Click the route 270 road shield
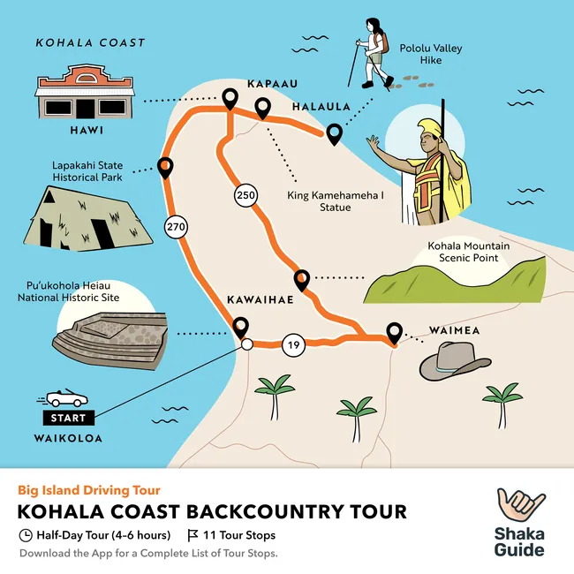tap(176, 228)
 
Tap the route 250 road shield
tap(245, 195)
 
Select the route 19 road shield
tap(293, 344)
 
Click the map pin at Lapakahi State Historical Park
tap(164, 166)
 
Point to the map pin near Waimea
tap(394, 334)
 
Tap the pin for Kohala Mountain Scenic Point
tap(301, 280)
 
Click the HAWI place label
tap(86, 131)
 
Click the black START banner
tap(68, 417)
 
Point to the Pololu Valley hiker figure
tap(371, 52)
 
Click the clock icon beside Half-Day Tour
tap(26, 535)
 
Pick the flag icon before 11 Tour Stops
tap(193, 535)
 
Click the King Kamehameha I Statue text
tap(319, 201)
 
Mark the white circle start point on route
tap(247, 344)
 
